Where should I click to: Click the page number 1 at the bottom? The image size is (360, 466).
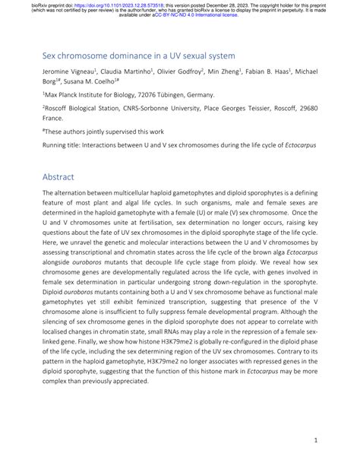[x=314, y=439]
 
